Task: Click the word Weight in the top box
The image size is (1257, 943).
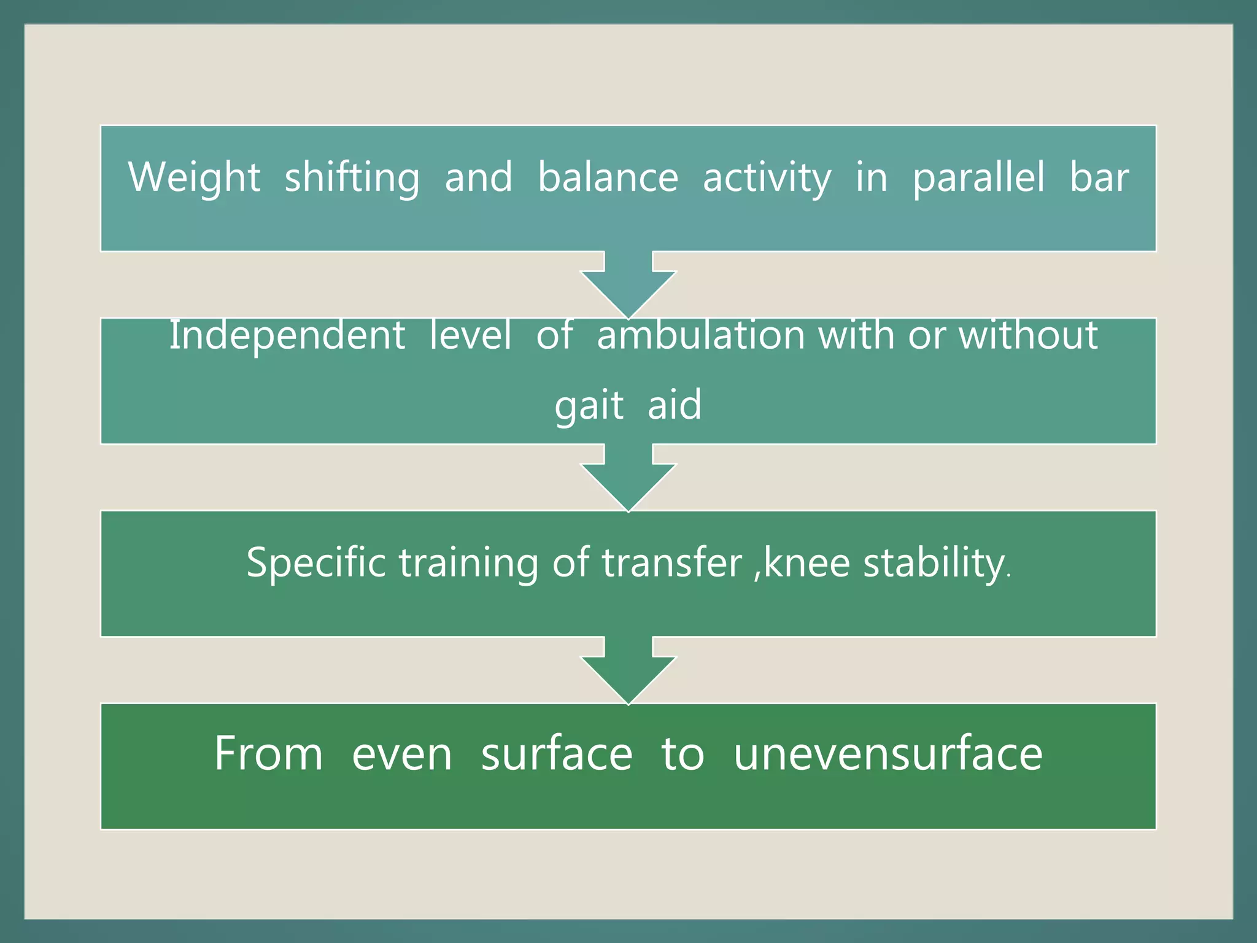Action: (194, 177)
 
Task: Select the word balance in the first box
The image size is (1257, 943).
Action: (608, 177)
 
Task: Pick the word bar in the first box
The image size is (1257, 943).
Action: (1099, 177)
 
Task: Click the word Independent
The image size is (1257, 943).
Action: (287, 336)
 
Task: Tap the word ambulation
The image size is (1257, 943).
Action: (701, 336)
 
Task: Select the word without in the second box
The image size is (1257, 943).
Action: (1028, 336)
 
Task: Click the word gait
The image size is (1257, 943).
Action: (589, 406)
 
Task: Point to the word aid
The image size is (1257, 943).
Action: (675, 405)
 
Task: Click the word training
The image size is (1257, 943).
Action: (468, 564)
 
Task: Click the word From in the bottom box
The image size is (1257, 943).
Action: (268, 753)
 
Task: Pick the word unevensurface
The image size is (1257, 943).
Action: (888, 753)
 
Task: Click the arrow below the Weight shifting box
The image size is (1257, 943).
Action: (628, 285)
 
